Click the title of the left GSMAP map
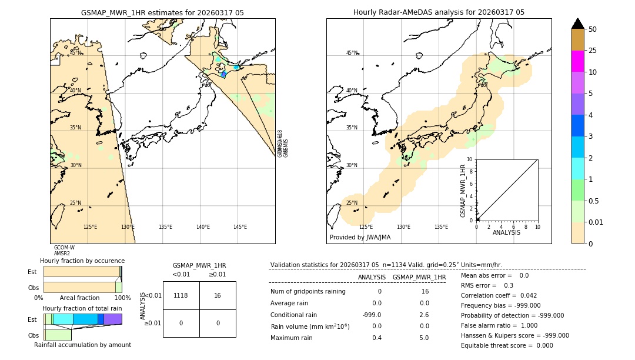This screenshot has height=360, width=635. [x=162, y=12]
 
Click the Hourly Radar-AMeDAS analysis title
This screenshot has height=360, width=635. [x=439, y=12]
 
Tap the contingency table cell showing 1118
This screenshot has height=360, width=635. [x=181, y=295]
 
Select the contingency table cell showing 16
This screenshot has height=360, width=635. [x=218, y=295]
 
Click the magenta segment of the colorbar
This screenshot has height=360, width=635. [x=578, y=61]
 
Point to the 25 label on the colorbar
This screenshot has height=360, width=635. [x=593, y=51]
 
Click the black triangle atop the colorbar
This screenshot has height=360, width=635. [x=578, y=24]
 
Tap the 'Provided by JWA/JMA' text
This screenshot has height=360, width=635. [x=360, y=237]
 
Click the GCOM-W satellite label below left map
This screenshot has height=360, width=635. [x=64, y=248]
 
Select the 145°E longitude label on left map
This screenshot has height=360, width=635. [x=240, y=227]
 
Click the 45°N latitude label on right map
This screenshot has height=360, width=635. [x=352, y=53]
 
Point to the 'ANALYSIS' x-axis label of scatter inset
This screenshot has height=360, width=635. [x=506, y=232]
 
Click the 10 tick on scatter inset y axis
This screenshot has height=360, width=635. [x=470, y=159]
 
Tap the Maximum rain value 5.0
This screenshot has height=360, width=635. [x=423, y=338]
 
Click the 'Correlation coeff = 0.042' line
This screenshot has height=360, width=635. [x=499, y=295]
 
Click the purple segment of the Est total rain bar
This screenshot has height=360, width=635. [x=113, y=319]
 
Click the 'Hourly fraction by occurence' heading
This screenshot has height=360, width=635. [x=82, y=261]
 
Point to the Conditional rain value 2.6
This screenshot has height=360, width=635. [x=423, y=315]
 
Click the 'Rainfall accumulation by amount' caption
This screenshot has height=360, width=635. [x=82, y=345]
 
